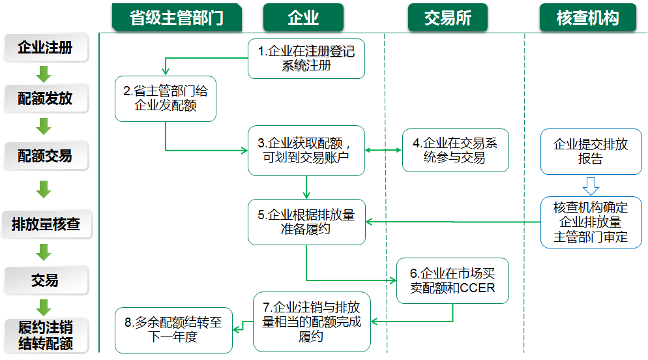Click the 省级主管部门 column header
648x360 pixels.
tap(177, 17)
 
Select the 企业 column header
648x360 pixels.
tap(303, 17)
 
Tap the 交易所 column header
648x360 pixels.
tap(448, 17)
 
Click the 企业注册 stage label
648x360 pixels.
tap(45, 48)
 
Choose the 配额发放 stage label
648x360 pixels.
tap(45, 98)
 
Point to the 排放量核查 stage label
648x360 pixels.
tap(46, 224)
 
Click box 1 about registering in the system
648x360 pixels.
tap(306, 59)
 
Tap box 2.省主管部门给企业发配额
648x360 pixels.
tap(166, 99)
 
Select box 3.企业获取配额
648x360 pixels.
tap(306, 150)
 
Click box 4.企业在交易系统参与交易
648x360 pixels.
tap(455, 150)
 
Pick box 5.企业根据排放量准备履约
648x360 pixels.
tap(306, 222)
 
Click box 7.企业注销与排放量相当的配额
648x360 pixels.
tap(312, 322)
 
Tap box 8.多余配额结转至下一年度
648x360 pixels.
tap(173, 329)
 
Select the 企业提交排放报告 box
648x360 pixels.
tap(591, 151)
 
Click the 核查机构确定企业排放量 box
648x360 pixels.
tap(591, 222)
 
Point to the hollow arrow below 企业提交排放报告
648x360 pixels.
tap(591, 186)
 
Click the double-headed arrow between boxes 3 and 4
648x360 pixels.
tap(383, 150)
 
